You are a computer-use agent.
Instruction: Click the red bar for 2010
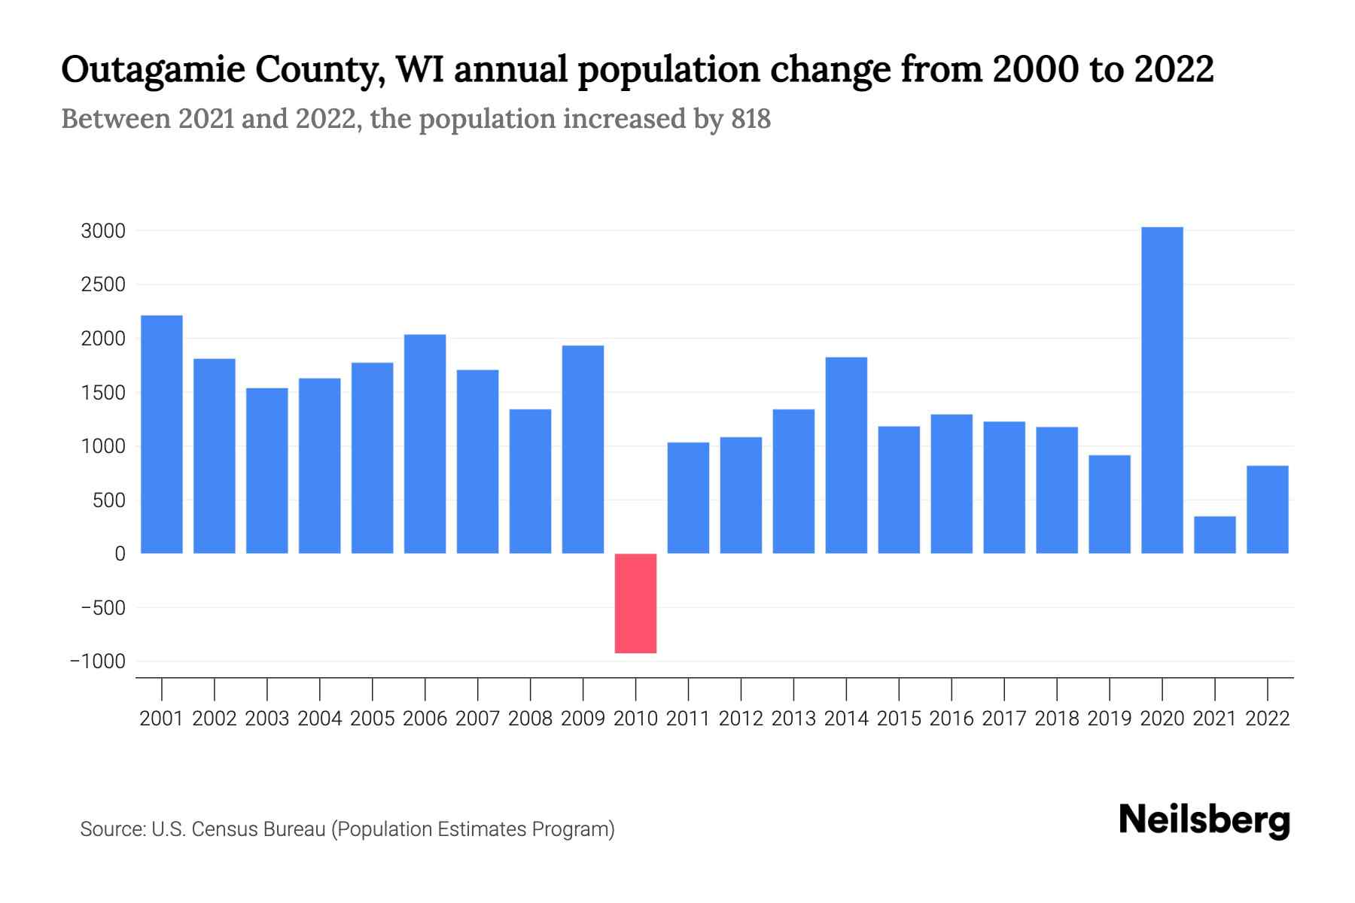(635, 603)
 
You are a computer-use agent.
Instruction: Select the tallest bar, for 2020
(1162, 390)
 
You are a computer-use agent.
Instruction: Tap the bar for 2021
(1215, 534)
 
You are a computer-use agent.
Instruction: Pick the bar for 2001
(162, 434)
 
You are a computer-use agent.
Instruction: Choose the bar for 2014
(846, 455)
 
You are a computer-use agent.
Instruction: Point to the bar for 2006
(425, 444)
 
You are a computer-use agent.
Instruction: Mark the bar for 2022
(1268, 509)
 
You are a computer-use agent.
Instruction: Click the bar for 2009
(583, 449)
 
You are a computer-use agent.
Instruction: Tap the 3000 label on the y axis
(103, 231)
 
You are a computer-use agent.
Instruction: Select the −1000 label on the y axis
(98, 661)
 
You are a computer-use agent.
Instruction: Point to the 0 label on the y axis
(120, 554)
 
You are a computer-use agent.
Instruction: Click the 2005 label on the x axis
(373, 719)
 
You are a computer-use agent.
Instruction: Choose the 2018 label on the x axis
(1057, 719)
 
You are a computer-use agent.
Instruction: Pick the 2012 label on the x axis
(741, 719)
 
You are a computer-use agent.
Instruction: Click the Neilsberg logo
(1204, 820)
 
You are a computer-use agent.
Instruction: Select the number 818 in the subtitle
(751, 119)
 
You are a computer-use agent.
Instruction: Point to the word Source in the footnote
(112, 829)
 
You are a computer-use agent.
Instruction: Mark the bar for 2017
(1004, 488)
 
